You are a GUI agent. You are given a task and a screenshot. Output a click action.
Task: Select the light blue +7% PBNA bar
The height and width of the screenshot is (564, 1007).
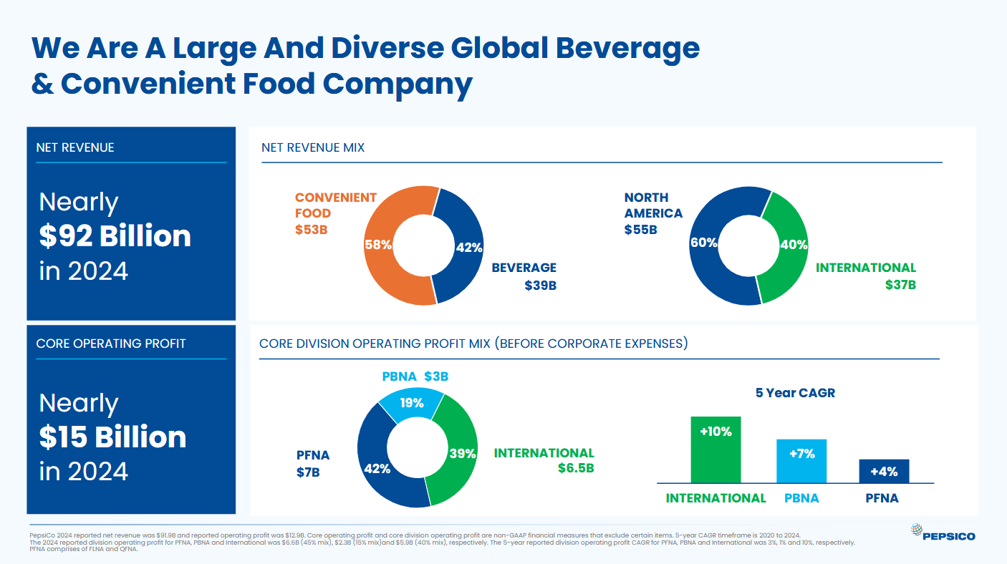(x=801, y=462)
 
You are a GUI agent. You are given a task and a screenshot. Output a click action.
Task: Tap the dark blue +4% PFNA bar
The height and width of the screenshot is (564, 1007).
(x=884, y=472)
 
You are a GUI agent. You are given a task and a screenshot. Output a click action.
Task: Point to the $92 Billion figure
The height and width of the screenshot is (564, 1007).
(x=115, y=236)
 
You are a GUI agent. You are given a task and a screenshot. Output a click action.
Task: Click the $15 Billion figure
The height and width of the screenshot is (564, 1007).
(x=112, y=437)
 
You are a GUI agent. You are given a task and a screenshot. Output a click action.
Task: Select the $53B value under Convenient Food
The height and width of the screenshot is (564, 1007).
(x=312, y=230)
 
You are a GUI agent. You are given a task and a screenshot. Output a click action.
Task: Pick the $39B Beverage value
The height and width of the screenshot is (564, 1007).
(x=540, y=286)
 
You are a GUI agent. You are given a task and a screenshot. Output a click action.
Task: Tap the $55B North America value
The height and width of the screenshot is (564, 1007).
(x=640, y=230)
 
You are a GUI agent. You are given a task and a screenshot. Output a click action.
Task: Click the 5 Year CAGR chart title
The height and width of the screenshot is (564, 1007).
(x=795, y=393)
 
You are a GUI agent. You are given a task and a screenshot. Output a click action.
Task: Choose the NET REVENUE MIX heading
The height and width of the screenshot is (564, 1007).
(x=313, y=148)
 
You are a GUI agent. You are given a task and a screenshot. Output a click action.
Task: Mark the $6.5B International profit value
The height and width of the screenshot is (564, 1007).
(x=576, y=469)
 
